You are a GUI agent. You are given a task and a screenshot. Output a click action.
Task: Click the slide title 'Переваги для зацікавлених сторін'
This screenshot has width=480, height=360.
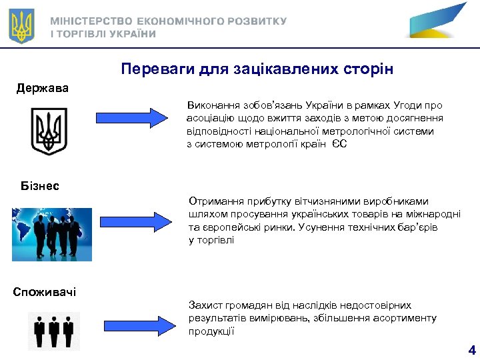coord(257,69)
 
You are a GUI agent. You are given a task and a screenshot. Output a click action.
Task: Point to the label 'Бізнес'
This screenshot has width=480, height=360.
coord(40,185)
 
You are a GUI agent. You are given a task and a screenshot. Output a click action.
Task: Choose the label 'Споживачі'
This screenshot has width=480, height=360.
coord(45,291)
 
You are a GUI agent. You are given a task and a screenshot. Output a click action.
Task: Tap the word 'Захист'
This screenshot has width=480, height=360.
coord(203,305)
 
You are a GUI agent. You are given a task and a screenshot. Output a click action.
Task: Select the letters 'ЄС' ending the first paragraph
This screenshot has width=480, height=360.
coord(339,144)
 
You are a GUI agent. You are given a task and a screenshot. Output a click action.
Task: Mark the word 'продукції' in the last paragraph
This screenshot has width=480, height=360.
coord(211,331)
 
